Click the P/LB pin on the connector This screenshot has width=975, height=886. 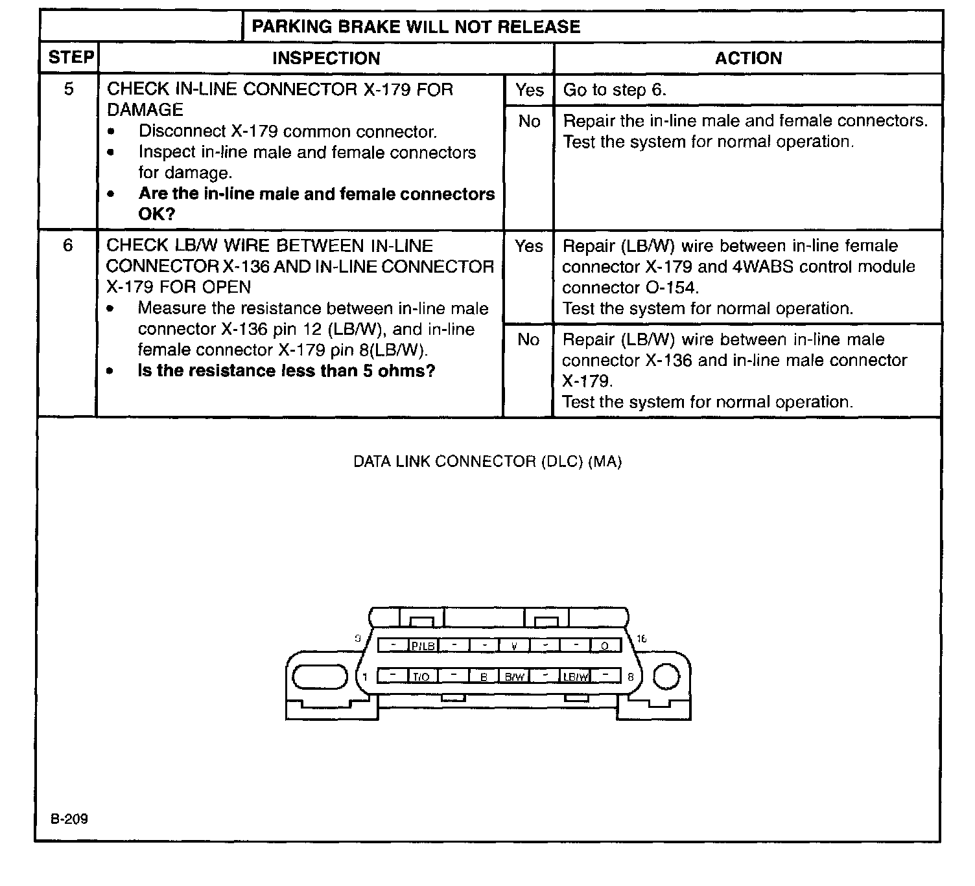pos(423,646)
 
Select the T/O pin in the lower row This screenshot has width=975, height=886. pos(421,677)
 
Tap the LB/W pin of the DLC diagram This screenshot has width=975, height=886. pos(576,677)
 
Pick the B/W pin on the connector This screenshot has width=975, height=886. pos(514,677)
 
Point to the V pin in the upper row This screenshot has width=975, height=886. pos(514,646)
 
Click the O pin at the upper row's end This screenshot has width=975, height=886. pos(605,646)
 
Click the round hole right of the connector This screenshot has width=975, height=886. pos(666,677)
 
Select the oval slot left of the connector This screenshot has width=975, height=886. pos(320,677)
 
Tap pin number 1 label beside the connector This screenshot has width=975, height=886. pos(365,677)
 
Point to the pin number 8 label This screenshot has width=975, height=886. pos(630,677)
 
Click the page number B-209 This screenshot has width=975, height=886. pos(70,819)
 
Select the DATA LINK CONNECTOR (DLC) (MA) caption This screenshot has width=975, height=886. pos(487,462)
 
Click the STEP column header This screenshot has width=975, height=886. pos(71,58)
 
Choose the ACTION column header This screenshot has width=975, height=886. pos(748,58)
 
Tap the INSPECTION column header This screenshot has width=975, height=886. pos(326,58)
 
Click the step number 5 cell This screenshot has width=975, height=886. pos(69,89)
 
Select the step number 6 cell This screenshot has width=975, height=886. pos(68,245)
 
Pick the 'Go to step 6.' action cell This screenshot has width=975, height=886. pos(615,90)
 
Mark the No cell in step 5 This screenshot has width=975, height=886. pos(529,121)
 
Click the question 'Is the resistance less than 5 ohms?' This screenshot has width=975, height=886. pos(286,371)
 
